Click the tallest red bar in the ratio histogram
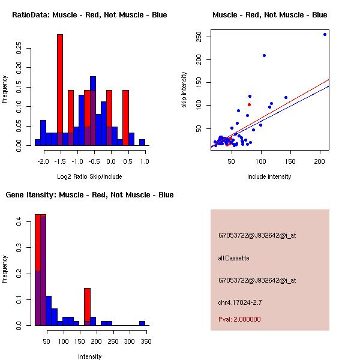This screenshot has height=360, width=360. point(59,90)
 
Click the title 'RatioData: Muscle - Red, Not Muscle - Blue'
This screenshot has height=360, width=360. point(89,15)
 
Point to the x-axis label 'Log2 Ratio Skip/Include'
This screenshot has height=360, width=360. point(89,176)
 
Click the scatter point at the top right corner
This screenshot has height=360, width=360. point(325,34)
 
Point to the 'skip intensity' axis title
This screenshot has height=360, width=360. point(184,90)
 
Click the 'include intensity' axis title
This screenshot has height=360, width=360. point(269,176)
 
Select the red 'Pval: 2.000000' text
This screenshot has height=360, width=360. point(239,319)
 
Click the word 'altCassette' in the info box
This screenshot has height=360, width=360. point(233,258)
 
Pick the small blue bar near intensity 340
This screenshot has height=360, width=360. point(142,323)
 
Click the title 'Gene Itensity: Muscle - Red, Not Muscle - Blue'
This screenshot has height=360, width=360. point(89,195)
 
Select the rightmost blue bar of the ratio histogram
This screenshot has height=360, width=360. point(142,142)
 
